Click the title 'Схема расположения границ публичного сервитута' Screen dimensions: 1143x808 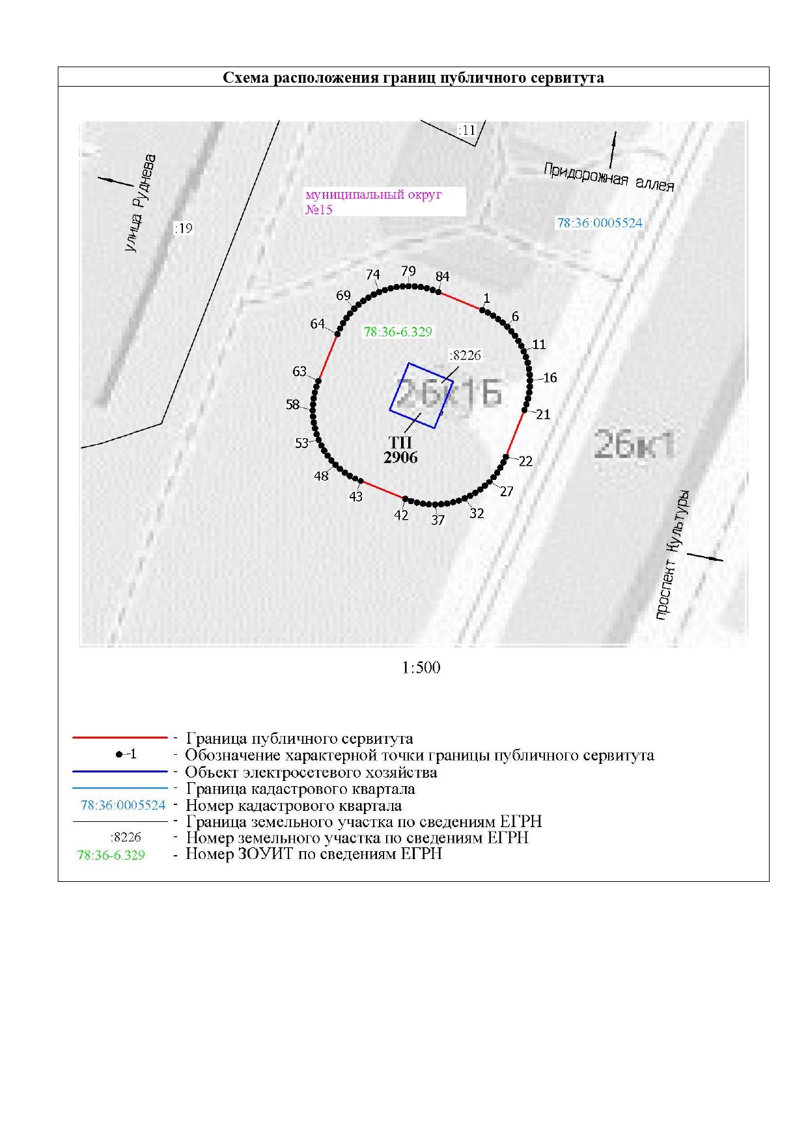click(x=413, y=78)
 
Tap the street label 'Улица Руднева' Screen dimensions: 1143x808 click(x=141, y=203)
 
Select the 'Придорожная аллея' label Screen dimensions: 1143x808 click(x=608, y=177)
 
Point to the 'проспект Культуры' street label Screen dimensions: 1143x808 click(x=673, y=554)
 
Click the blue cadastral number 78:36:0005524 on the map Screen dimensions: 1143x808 click(x=599, y=223)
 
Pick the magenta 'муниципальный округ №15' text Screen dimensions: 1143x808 click(x=374, y=202)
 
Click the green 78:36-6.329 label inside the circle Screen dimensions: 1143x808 click(x=398, y=332)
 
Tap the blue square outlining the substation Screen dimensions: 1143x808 click(x=421, y=395)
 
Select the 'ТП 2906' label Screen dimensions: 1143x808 click(x=400, y=451)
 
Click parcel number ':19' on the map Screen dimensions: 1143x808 click(x=184, y=228)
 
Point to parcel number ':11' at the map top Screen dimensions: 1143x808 click(x=467, y=130)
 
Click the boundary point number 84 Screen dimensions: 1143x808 click(x=443, y=277)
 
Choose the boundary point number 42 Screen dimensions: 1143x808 click(x=401, y=515)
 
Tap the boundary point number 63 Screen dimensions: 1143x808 click(x=300, y=371)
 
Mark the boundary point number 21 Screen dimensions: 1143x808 click(x=543, y=414)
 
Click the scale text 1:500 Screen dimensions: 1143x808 click(x=421, y=668)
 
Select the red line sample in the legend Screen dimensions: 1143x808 click(x=120, y=738)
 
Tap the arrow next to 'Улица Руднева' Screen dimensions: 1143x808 click(x=115, y=180)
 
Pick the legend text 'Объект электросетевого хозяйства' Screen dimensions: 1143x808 click(x=311, y=772)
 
